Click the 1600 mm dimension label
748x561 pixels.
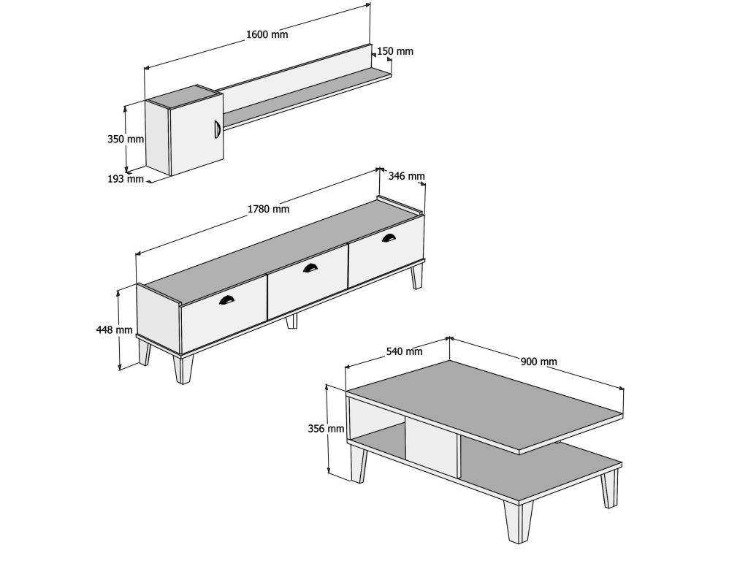267,34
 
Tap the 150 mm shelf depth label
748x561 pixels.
395,51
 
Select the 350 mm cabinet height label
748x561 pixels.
126,140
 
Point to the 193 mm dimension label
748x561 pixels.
126,179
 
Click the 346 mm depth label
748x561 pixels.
406,176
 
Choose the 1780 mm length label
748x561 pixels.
268,209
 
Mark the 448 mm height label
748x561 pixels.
115,329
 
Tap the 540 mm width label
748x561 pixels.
404,351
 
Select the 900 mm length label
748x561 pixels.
538,362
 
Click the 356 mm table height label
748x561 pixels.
326,429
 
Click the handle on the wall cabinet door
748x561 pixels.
216,129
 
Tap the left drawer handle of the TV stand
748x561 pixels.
227,299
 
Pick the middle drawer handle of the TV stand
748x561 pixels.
310,268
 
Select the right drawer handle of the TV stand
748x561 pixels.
389,238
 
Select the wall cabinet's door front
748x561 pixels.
196,134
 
